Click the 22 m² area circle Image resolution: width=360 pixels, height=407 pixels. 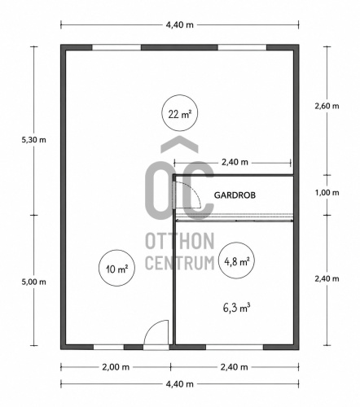tap(179, 95)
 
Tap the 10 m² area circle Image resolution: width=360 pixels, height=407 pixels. tap(117, 251)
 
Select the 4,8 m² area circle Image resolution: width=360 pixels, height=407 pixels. tap(236, 243)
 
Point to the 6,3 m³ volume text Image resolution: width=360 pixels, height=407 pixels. tap(236, 308)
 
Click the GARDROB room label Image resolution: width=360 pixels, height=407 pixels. tap(235, 195)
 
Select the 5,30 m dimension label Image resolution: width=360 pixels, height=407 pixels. tap(34, 140)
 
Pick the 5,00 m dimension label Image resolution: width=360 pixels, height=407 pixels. tap(34, 282)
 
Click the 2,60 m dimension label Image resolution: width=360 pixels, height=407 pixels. tap(327, 106)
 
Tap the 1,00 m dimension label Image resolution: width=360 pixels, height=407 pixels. tap(327, 193)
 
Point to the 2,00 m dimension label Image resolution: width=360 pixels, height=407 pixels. tap(116, 367)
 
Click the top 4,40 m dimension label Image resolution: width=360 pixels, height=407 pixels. tap(180, 25)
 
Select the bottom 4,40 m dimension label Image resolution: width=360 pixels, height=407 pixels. tap(180, 384)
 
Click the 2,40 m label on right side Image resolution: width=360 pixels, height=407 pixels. tap(327, 278)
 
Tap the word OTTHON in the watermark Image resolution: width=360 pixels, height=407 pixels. tap(180, 241)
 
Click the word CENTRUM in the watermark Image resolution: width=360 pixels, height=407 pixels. tap(180, 263)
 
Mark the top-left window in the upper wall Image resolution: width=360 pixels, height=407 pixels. tap(116, 48)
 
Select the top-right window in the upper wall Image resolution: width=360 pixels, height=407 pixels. tap(242, 48)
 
